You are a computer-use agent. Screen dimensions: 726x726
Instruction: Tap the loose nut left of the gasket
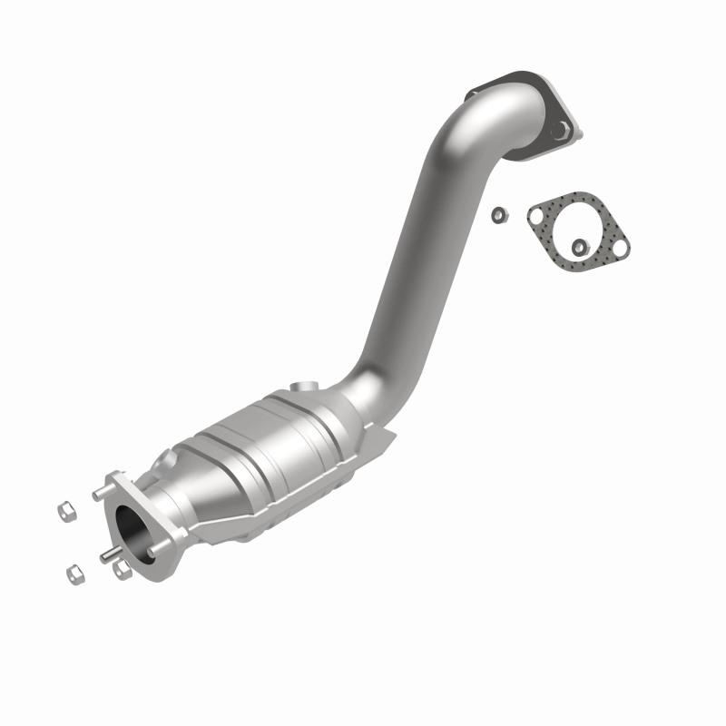point(498,214)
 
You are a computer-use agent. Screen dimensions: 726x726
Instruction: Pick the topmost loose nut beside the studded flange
point(66,512)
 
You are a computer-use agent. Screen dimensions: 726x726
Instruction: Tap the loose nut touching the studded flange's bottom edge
point(123,570)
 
